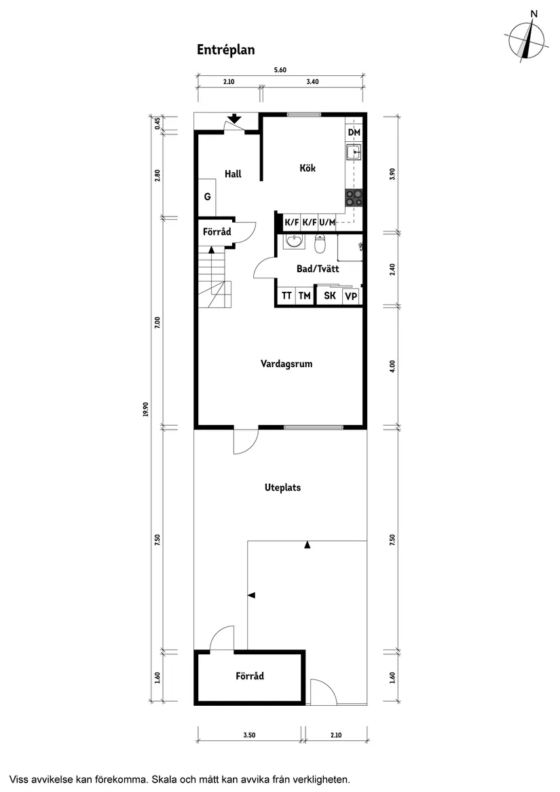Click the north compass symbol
(527, 40)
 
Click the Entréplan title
(225, 50)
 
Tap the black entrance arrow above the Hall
(234, 119)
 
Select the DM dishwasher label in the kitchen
(354, 132)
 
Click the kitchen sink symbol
(353, 152)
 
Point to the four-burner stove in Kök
(353, 197)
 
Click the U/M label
(327, 222)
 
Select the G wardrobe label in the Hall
(207, 197)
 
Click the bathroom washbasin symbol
(294, 242)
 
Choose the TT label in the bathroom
(286, 296)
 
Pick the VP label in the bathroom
(350, 297)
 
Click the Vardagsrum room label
(286, 364)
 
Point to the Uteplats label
(282, 487)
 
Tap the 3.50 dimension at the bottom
(249, 734)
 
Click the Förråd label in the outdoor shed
(250, 676)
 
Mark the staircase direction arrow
(212, 250)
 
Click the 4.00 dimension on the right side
(392, 366)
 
